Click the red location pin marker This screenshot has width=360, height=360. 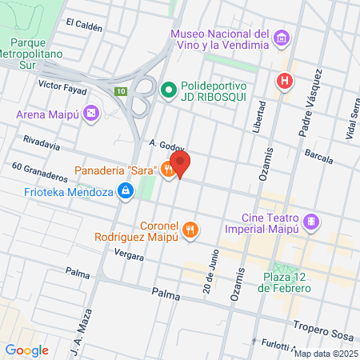180,164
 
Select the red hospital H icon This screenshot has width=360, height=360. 283,81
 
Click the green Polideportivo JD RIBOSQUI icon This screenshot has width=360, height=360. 168,90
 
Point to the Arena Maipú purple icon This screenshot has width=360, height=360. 91,114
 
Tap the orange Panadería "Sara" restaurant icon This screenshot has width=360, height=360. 167,170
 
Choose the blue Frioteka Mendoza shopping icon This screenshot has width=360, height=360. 126,191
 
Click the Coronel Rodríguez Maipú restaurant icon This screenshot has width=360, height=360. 190,230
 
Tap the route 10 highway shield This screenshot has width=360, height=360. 121,92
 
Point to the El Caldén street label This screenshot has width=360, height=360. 84,25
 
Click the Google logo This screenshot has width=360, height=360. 26,350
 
